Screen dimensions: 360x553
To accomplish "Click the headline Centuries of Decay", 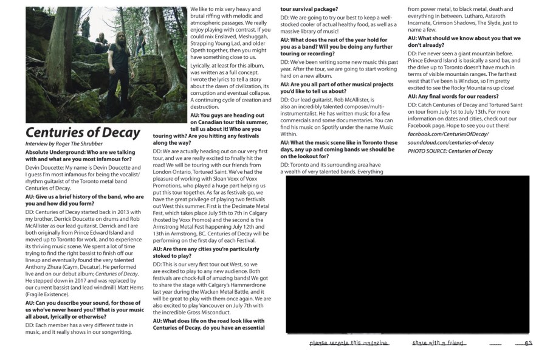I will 83,133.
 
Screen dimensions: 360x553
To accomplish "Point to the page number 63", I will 528,344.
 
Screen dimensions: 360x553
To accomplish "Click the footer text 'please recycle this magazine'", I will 348,344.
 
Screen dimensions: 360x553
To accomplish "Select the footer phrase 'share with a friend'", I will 438,344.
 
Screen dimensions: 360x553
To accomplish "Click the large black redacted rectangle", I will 407,254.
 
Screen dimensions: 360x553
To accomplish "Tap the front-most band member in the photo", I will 120,67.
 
